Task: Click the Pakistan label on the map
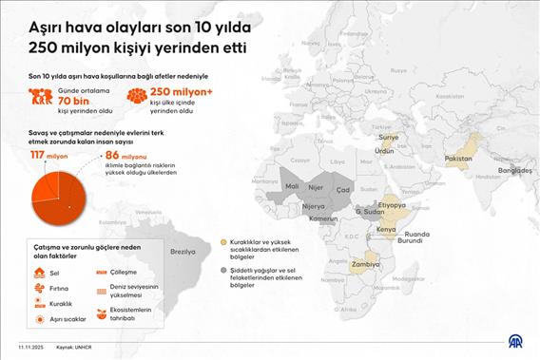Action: point(458,157)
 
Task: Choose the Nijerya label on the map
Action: point(313,206)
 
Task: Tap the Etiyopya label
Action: point(392,204)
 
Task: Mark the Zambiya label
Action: point(366,265)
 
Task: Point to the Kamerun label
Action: point(323,219)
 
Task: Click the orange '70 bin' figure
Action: point(73,99)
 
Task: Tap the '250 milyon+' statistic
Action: point(180,93)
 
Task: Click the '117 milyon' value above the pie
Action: point(48,154)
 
